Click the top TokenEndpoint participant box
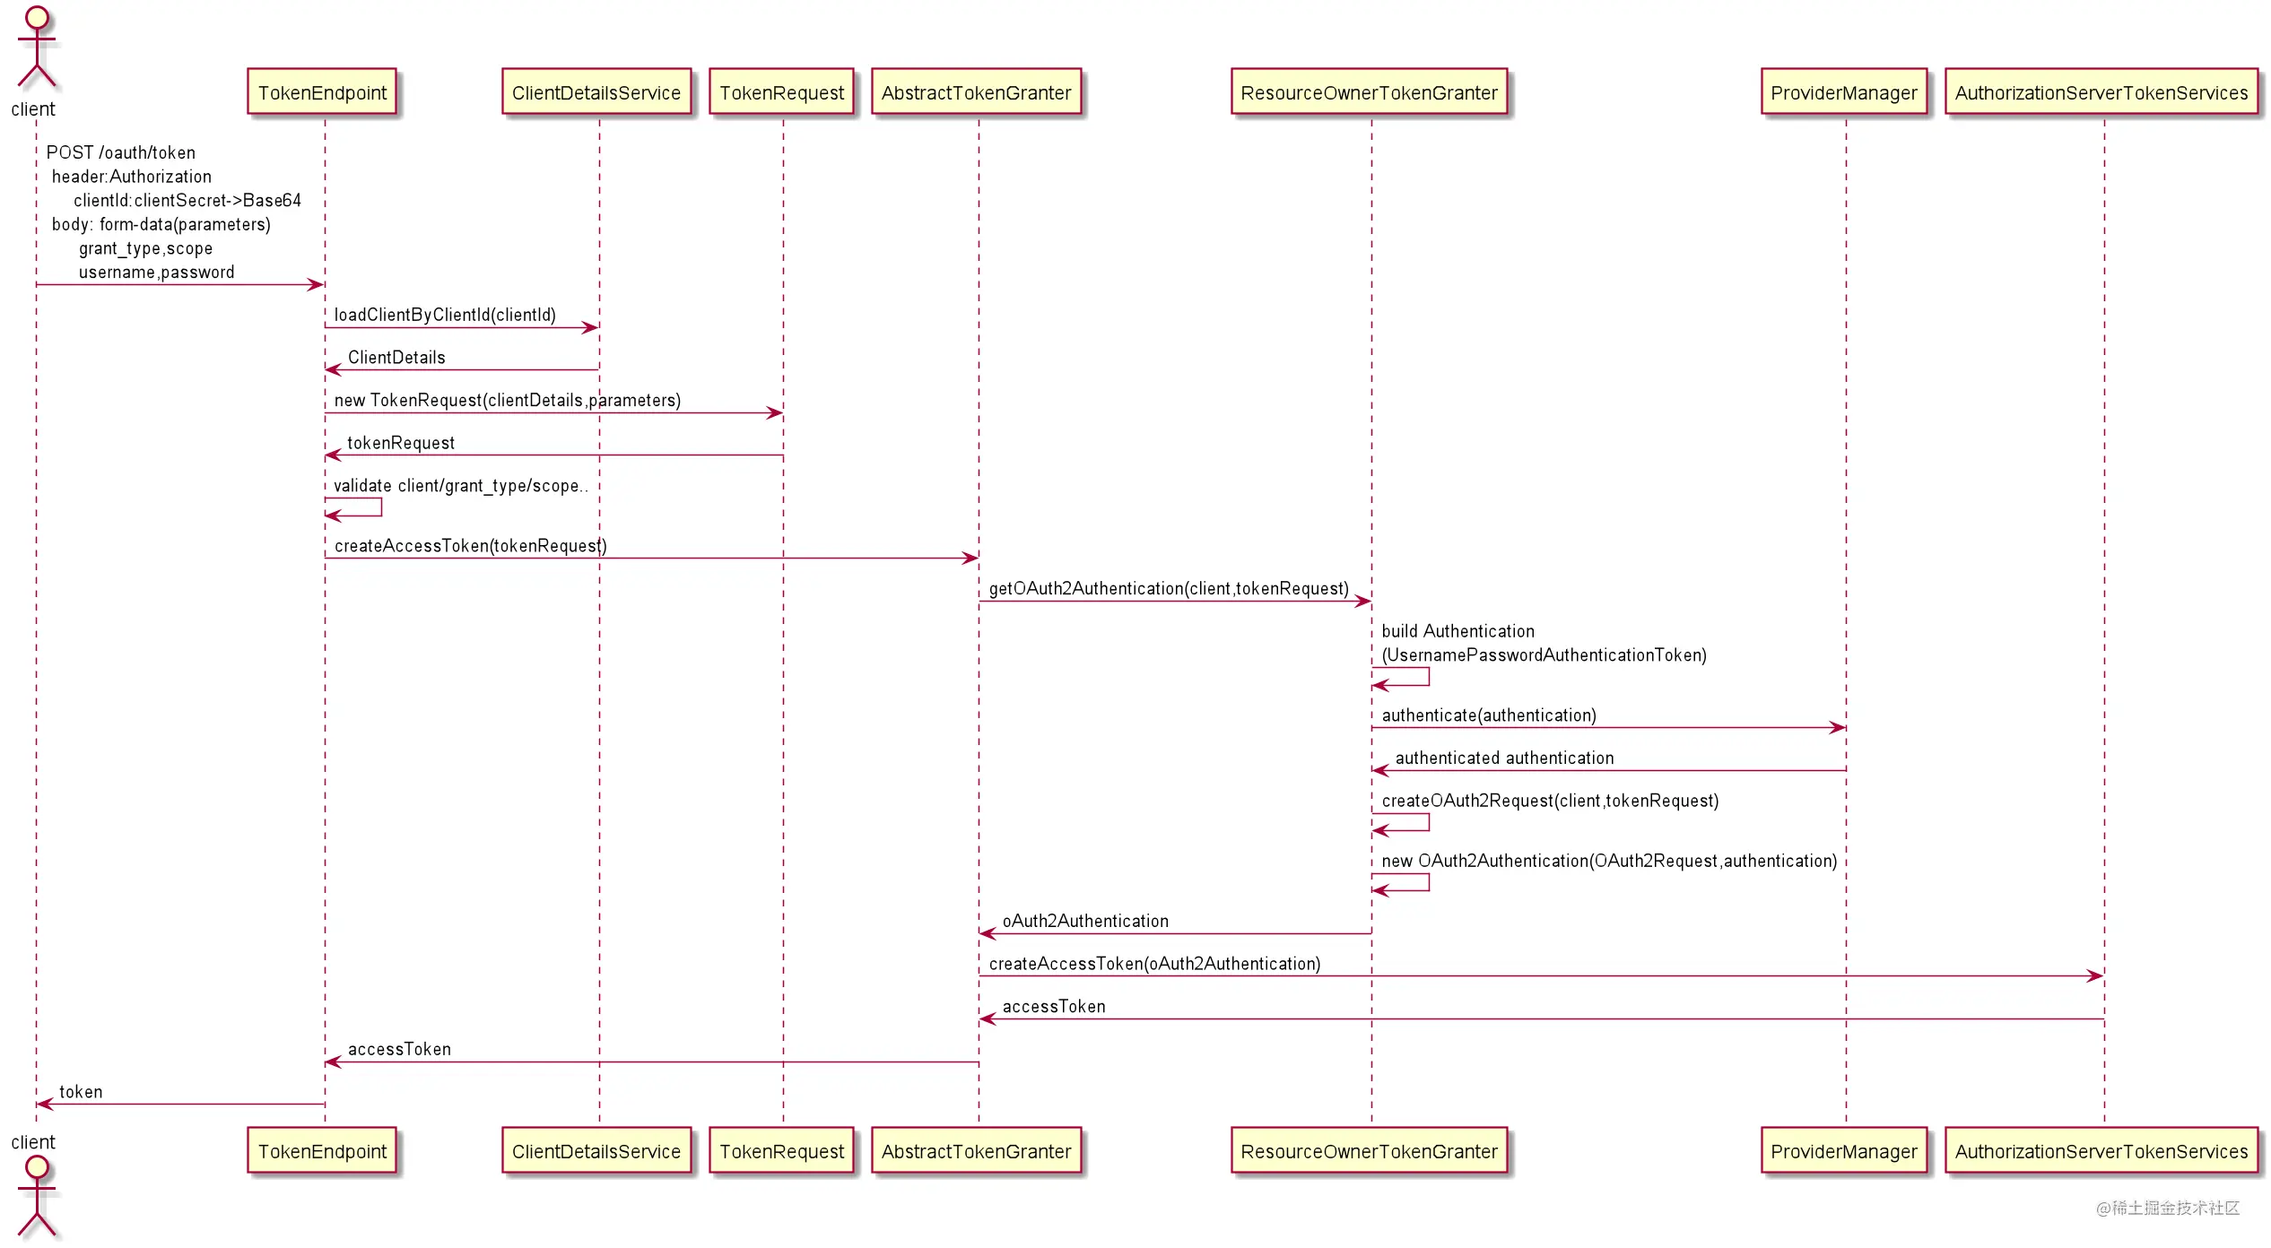[x=322, y=92]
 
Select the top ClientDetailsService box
[x=596, y=92]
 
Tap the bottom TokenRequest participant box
[x=781, y=1151]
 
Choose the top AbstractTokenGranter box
[x=976, y=92]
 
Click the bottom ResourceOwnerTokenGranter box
[x=1369, y=1151]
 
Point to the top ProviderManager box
[x=1844, y=92]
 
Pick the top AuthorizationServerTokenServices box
[x=2101, y=92]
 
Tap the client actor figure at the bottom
[x=36, y=1197]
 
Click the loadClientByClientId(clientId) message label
[x=445, y=315]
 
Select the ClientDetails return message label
[x=396, y=358]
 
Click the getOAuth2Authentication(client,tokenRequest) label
[x=1169, y=588]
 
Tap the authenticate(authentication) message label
[x=1489, y=715]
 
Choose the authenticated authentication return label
[x=1504, y=758]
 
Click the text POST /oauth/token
[x=120, y=152]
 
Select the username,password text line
[x=156, y=273]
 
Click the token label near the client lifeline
[x=81, y=1092]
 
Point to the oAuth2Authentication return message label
[x=1085, y=921]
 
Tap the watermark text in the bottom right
[x=2168, y=1208]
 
